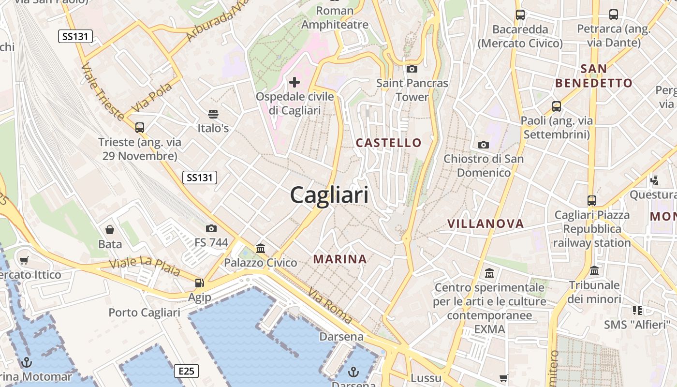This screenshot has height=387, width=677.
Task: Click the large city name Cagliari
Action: point(329,195)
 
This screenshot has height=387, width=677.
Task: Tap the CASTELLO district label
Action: point(389,143)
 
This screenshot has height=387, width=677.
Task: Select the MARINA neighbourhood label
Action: point(340,259)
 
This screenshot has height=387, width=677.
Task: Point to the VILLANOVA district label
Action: point(486,223)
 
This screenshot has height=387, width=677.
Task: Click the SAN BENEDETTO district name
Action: point(594,76)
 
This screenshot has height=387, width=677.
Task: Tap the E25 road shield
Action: point(186,371)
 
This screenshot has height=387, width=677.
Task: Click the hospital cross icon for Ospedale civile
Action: point(294,82)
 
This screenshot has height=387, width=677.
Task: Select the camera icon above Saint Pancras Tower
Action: point(412,69)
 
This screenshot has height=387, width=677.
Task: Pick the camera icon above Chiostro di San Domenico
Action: point(483,145)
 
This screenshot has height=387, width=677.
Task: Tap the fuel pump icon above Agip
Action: point(199,283)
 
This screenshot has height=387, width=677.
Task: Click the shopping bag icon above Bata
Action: point(110,229)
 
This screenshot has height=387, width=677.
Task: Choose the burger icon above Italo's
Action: point(213,114)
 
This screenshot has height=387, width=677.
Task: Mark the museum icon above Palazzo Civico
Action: point(261,249)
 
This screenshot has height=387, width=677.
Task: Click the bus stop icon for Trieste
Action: point(140,128)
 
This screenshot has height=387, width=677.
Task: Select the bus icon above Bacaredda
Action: point(520,15)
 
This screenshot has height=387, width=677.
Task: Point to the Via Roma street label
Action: point(330,306)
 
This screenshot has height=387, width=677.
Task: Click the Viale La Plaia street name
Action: point(145,267)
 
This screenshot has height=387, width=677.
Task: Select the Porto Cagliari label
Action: point(144,313)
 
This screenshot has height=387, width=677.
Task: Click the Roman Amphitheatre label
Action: point(335,17)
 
